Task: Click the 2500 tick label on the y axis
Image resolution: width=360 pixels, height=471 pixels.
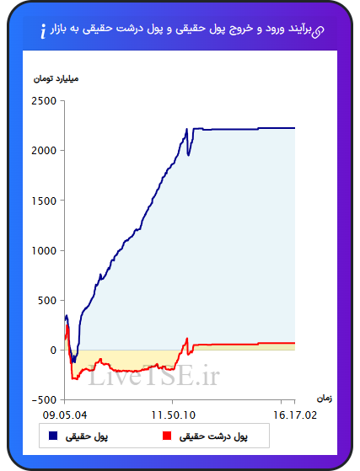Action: pyautogui.click(x=44, y=101)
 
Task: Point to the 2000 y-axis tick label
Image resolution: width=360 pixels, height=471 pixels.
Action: pyautogui.click(x=44, y=151)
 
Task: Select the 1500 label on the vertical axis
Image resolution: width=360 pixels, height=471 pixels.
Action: pyautogui.click(x=44, y=201)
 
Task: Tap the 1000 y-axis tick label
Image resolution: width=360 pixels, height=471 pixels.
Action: pyautogui.click(x=44, y=250)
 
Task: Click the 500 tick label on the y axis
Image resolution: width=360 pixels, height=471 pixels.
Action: pyautogui.click(x=47, y=301)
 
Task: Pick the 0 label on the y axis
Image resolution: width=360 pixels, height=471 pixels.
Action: pyautogui.click(x=53, y=351)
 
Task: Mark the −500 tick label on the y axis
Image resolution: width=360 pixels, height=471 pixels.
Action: pyautogui.click(x=44, y=400)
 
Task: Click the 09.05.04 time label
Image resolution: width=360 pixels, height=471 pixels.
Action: pyautogui.click(x=65, y=415)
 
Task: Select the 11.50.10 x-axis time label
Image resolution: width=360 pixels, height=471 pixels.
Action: pyautogui.click(x=173, y=415)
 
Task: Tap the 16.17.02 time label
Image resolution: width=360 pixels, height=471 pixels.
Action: pyautogui.click(x=295, y=415)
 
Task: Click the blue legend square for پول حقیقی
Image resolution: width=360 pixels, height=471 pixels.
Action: pyautogui.click(x=53, y=436)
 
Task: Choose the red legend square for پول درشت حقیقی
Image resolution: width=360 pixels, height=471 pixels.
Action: pyautogui.click(x=167, y=436)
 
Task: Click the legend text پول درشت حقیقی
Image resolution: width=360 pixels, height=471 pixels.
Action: pyautogui.click(x=213, y=436)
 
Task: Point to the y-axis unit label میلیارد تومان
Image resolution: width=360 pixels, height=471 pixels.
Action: pyautogui.click(x=56, y=78)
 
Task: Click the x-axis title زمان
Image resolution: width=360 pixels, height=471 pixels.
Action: pyautogui.click(x=325, y=399)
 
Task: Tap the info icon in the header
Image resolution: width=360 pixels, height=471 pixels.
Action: pyautogui.click(x=43, y=31)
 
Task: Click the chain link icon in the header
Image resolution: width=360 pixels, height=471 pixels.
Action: pyautogui.click(x=318, y=32)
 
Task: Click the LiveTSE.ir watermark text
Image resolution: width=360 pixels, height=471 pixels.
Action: pyautogui.click(x=153, y=375)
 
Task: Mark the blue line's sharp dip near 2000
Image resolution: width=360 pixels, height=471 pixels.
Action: pyautogui.click(x=188, y=155)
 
